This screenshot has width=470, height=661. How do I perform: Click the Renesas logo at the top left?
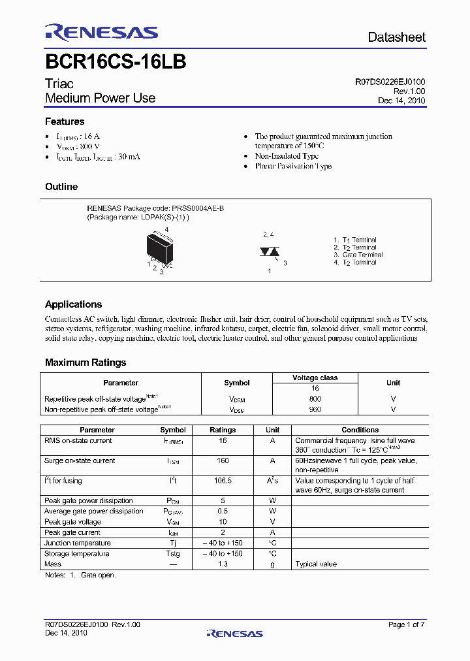(x=101, y=32)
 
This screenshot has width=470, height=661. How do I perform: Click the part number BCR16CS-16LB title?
(x=116, y=62)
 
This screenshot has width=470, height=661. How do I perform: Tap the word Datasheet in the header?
(x=396, y=37)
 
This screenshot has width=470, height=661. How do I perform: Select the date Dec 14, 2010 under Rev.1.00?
(x=401, y=101)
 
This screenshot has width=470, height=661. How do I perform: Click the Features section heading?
(x=65, y=121)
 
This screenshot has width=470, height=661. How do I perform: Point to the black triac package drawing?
(x=159, y=249)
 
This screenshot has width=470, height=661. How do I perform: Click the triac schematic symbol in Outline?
(x=270, y=251)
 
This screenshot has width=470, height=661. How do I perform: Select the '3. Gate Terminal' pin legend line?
(x=358, y=255)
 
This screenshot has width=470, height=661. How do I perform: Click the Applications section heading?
(x=73, y=304)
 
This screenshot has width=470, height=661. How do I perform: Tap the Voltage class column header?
(x=315, y=378)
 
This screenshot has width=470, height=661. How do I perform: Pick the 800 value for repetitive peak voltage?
(x=315, y=398)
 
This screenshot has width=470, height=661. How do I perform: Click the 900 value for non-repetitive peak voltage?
(x=315, y=410)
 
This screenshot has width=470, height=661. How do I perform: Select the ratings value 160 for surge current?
(x=223, y=460)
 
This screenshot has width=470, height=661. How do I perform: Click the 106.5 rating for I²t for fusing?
(x=223, y=481)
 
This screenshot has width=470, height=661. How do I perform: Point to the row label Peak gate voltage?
(x=72, y=522)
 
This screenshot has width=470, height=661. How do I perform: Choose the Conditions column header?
(x=360, y=430)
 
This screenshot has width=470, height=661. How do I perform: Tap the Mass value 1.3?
(x=223, y=564)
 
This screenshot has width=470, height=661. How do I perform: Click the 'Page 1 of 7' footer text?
(x=406, y=624)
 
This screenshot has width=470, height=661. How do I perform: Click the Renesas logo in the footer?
(x=234, y=633)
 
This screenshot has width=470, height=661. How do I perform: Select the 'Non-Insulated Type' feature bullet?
(x=287, y=156)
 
